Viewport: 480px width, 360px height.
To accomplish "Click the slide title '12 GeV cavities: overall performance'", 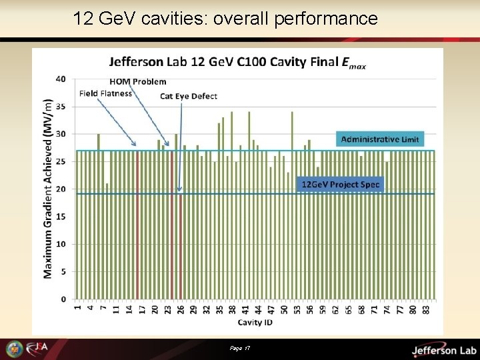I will coord(225,18).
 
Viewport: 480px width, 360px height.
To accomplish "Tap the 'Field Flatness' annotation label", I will coord(105,93).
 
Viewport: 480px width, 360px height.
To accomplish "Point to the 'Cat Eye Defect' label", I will coord(189,96).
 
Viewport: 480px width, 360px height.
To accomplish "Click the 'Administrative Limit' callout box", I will coord(380,139).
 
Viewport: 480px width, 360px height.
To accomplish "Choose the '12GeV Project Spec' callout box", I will coord(341,184).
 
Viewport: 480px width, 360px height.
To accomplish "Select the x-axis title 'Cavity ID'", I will coord(255,323).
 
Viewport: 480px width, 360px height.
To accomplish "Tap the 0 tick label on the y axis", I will coord(63,299).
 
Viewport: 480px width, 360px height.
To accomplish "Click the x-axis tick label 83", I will coord(425,309).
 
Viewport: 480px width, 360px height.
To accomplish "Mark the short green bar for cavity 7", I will coord(107,241).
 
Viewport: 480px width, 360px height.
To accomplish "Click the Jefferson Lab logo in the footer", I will coord(443,350).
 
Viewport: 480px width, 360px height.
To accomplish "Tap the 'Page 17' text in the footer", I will coord(238,349).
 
